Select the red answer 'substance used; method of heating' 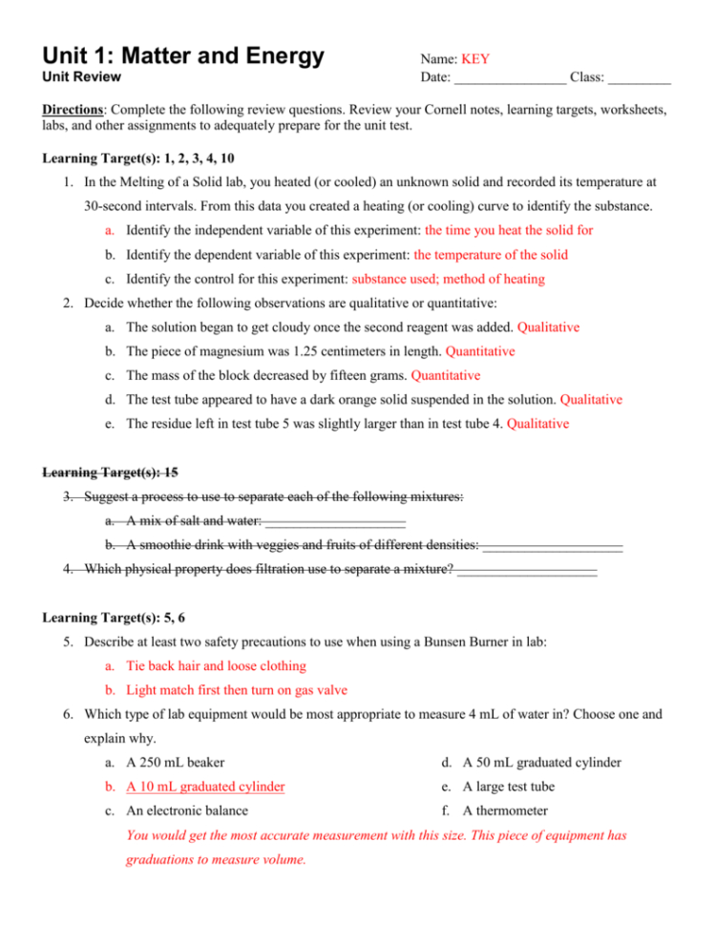tap(449, 280)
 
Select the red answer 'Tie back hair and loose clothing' tap(216, 665)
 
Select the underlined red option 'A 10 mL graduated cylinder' tap(205, 787)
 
